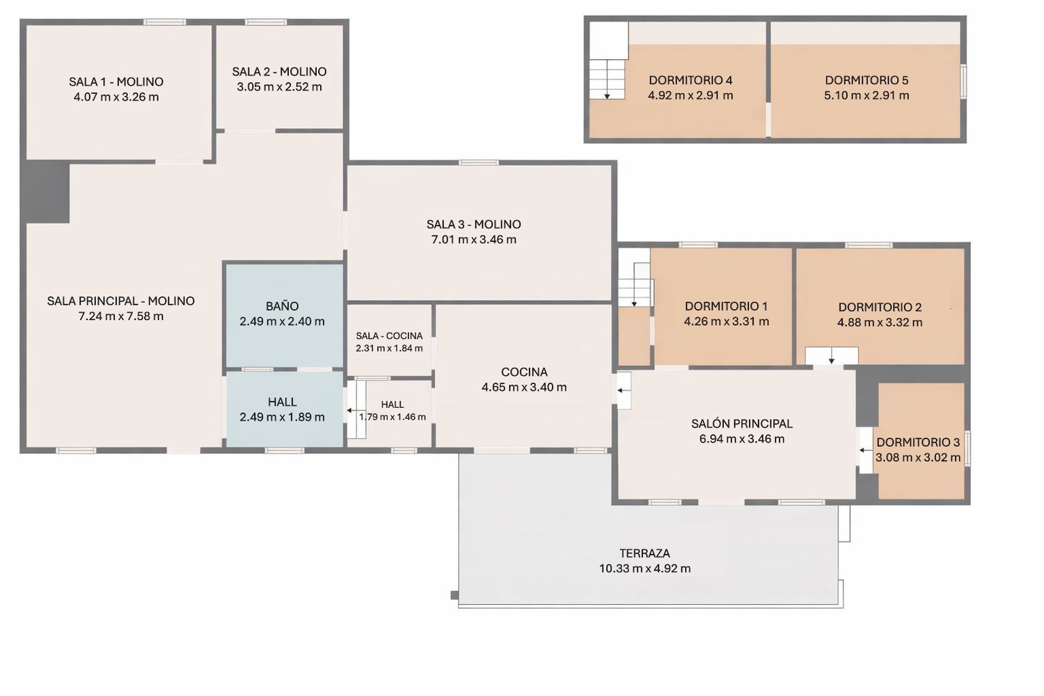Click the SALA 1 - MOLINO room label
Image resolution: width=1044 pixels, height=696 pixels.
[x=116, y=81]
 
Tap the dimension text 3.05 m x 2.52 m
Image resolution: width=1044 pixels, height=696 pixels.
[x=279, y=87]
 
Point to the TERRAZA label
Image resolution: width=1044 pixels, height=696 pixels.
[x=644, y=553]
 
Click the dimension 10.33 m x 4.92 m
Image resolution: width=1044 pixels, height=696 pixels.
[x=644, y=568]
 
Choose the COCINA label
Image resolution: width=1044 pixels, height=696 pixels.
[x=524, y=372]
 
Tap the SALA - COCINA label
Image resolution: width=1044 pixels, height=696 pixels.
[x=389, y=335]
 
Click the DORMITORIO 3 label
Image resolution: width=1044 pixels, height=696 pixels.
[x=918, y=442]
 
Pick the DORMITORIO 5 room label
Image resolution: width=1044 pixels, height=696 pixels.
[x=867, y=80]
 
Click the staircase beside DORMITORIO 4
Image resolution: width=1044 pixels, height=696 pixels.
[x=607, y=79]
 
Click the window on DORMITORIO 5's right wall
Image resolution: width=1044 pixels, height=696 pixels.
[x=963, y=81]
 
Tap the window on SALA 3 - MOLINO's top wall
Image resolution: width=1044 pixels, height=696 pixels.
[x=478, y=162]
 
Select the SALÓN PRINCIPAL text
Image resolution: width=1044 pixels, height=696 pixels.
[x=741, y=424]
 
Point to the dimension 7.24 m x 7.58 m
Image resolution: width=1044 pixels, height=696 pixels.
[x=120, y=316]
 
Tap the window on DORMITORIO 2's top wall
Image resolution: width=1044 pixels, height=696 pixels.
[x=869, y=245]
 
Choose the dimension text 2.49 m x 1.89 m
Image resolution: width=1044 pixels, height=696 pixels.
[x=282, y=417]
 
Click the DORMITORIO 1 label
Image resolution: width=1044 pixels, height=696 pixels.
[x=726, y=306]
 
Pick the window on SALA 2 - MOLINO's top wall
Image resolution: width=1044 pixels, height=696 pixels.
[x=266, y=22]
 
